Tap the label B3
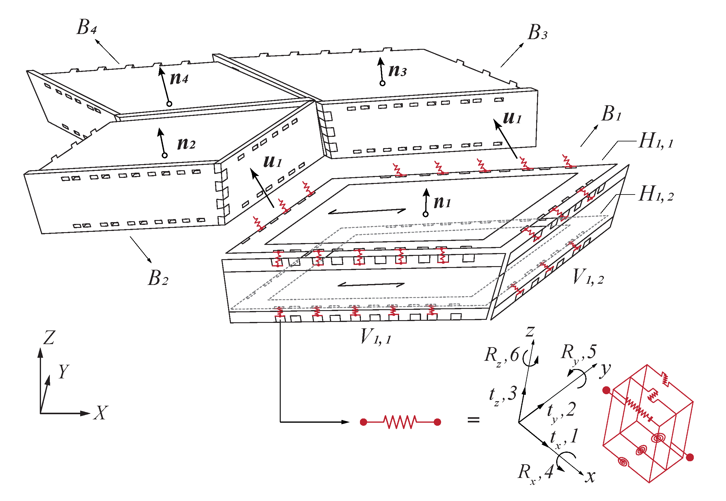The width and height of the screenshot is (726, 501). coord(537,33)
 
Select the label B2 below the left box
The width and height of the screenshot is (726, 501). coord(158,278)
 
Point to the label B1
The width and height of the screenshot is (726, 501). coord(611,113)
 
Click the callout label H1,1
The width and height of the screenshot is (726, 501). coord(656,141)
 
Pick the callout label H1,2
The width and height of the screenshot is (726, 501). coord(656,194)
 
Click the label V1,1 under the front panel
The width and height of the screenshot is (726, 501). coord(376,337)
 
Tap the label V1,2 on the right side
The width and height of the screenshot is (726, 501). coord(588,277)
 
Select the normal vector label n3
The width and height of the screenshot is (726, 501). coord(397,71)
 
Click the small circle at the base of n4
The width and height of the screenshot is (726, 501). coord(169,104)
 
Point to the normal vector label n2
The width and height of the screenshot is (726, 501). coord(186,144)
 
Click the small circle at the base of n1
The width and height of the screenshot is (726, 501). coord(425,214)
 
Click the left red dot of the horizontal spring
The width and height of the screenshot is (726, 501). coord(364,422)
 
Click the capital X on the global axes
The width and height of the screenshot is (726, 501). coord(101,413)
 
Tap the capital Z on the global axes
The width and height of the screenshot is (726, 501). coord(49,338)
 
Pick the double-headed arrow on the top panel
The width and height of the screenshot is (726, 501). coord(367,212)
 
